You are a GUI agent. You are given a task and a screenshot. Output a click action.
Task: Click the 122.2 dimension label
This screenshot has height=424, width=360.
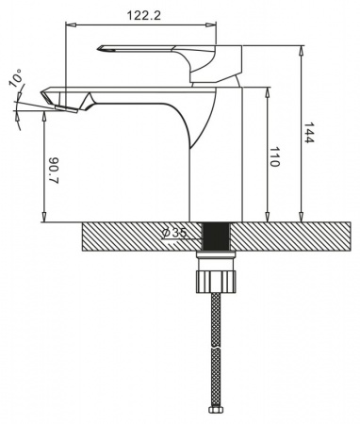tap(143, 15)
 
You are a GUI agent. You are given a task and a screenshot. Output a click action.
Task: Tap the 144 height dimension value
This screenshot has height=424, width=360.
tap(309, 133)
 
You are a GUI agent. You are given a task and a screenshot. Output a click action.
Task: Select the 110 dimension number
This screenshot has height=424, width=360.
tap(274, 156)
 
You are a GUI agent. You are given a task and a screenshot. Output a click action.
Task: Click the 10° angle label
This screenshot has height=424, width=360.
tap(16, 77)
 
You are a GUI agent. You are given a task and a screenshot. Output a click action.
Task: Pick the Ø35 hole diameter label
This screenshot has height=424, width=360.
tap(173, 233)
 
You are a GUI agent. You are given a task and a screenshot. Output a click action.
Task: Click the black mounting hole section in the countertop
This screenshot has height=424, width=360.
tap(216, 236)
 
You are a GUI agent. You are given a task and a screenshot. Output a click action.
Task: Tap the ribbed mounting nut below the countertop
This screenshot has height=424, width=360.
tap(216, 282)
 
